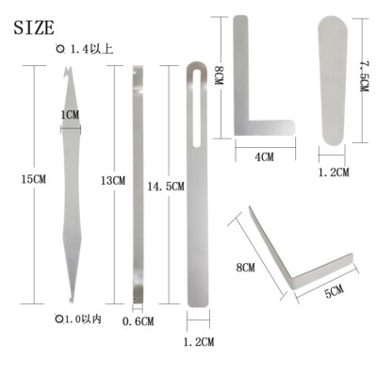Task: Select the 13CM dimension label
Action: [x=113, y=180]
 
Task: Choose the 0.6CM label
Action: [x=138, y=321]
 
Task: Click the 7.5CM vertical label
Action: [x=364, y=74]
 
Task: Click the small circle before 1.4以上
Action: [x=61, y=48]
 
